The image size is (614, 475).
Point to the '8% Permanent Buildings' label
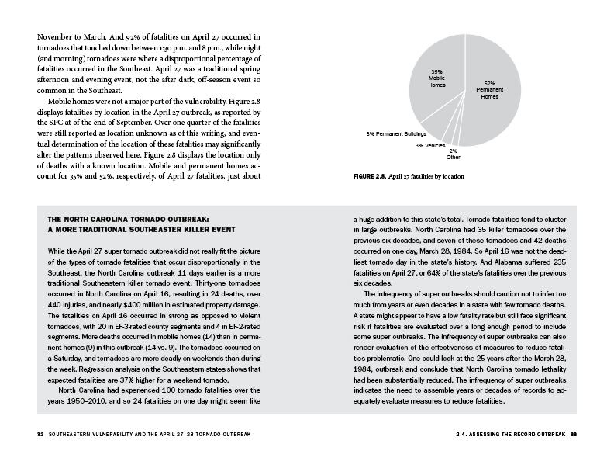pos(392,134)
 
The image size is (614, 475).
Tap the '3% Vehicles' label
pos(429,145)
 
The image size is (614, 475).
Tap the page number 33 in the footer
pos(574,433)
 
